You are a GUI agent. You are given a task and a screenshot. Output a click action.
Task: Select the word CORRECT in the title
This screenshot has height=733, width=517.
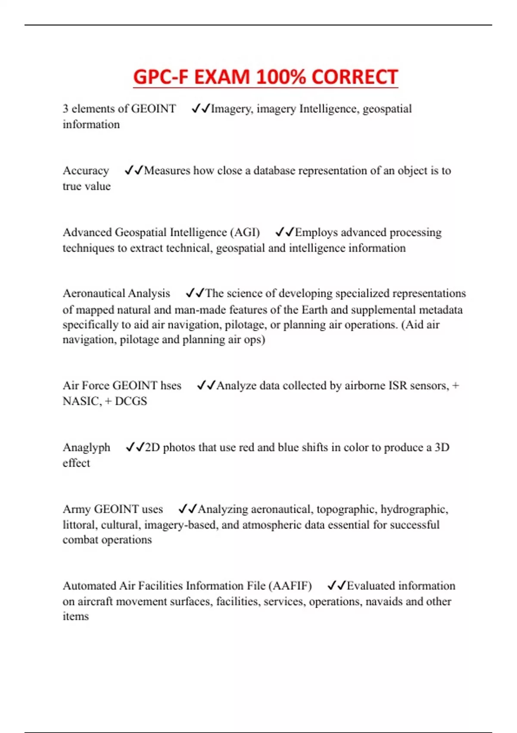coord(354,78)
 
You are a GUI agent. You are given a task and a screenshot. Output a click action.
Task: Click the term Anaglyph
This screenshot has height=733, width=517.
coord(87,448)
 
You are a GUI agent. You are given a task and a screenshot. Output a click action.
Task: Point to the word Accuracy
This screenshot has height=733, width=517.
coord(86,171)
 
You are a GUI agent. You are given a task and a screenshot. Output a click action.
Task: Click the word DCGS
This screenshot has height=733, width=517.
coord(131,401)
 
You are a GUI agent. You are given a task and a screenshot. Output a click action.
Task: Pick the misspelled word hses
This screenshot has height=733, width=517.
coord(171,385)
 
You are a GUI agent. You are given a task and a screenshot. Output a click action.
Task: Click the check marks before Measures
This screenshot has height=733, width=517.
coord(134,171)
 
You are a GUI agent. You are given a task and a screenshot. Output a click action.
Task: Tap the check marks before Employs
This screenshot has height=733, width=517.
coord(284,232)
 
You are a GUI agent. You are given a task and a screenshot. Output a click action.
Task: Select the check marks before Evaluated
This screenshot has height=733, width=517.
coord(336,586)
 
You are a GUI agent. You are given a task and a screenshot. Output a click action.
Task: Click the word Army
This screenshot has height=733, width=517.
coord(77,510)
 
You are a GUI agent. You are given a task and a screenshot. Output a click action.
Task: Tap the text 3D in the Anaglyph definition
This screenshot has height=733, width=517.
coord(442,448)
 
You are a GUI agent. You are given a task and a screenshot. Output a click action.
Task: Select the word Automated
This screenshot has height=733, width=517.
coord(89,586)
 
